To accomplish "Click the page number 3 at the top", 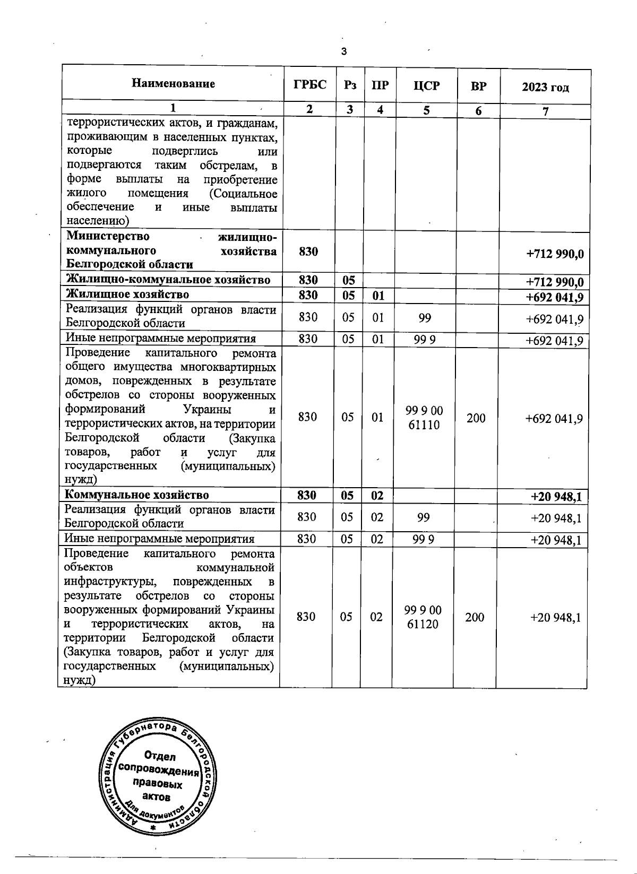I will (x=343, y=51).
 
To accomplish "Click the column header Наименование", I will (x=174, y=84).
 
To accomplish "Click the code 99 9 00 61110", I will (x=424, y=418).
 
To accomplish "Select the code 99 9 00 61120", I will (x=423, y=617).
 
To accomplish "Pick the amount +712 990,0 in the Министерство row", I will (x=555, y=254).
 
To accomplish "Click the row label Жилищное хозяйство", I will (x=127, y=295).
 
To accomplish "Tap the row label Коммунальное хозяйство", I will (x=136, y=495).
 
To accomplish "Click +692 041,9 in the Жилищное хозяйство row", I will (x=555, y=297).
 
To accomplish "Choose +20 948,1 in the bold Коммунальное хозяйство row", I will (x=556, y=497).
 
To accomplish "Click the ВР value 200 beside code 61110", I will (x=476, y=418).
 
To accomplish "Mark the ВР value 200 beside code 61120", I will (x=475, y=617).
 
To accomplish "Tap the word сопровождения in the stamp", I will (x=159, y=771).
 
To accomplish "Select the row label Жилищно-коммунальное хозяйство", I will (x=168, y=280).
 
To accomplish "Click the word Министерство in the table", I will (x=108, y=237).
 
